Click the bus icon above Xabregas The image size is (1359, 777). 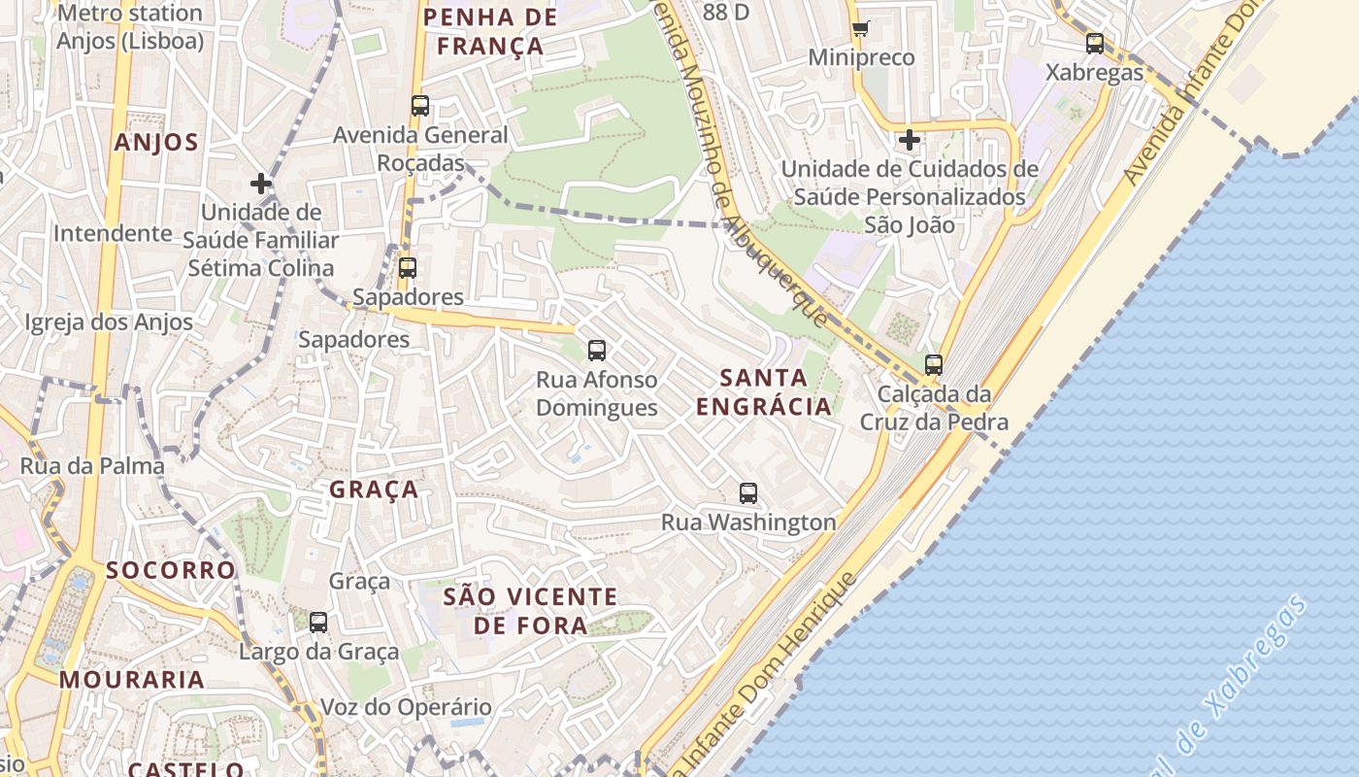pos(1095,44)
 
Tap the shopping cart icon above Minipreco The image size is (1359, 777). pos(860,28)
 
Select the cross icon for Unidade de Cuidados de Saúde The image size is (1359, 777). pos(909,140)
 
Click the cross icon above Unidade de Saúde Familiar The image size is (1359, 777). pos(260,183)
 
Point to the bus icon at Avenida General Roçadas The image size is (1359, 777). pos(420,106)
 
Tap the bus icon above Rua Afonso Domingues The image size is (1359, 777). pos(597,350)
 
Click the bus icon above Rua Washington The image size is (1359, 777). pos(747,492)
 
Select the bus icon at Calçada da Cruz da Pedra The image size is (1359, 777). pos(934,365)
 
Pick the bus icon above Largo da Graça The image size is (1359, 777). pos(318,622)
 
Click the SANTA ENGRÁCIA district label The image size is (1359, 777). pos(764,391)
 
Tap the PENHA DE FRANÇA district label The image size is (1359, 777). pos(490,31)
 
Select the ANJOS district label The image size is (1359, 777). pos(156,143)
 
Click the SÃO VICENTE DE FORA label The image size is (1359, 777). pos(530,610)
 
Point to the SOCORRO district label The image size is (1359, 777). pos(171,570)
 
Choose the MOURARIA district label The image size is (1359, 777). pos(132,680)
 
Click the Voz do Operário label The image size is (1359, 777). pos(406,707)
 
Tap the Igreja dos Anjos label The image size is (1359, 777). pos(109,322)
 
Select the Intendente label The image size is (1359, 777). pos(113,233)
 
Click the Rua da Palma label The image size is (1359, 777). pos(92,466)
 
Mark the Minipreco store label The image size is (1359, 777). pos(861,57)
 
